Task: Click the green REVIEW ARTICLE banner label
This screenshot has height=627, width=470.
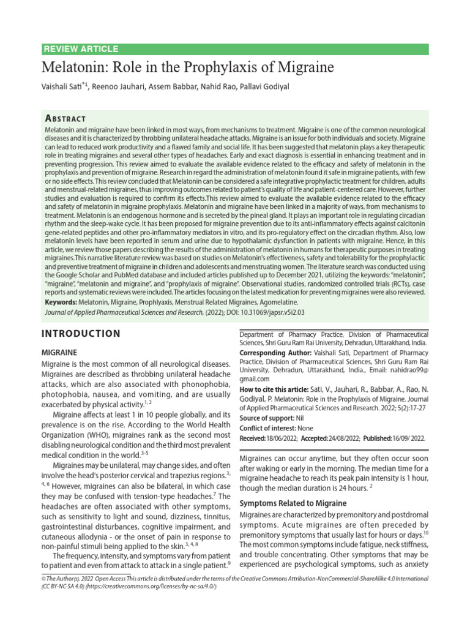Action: pos(81,50)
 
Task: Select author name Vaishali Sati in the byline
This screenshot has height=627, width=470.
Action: pos(64,87)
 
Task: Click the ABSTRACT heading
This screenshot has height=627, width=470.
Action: pos(65,118)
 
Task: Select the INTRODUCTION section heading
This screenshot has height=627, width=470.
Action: pos(80,334)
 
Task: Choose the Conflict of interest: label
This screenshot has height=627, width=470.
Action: pos(266,429)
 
